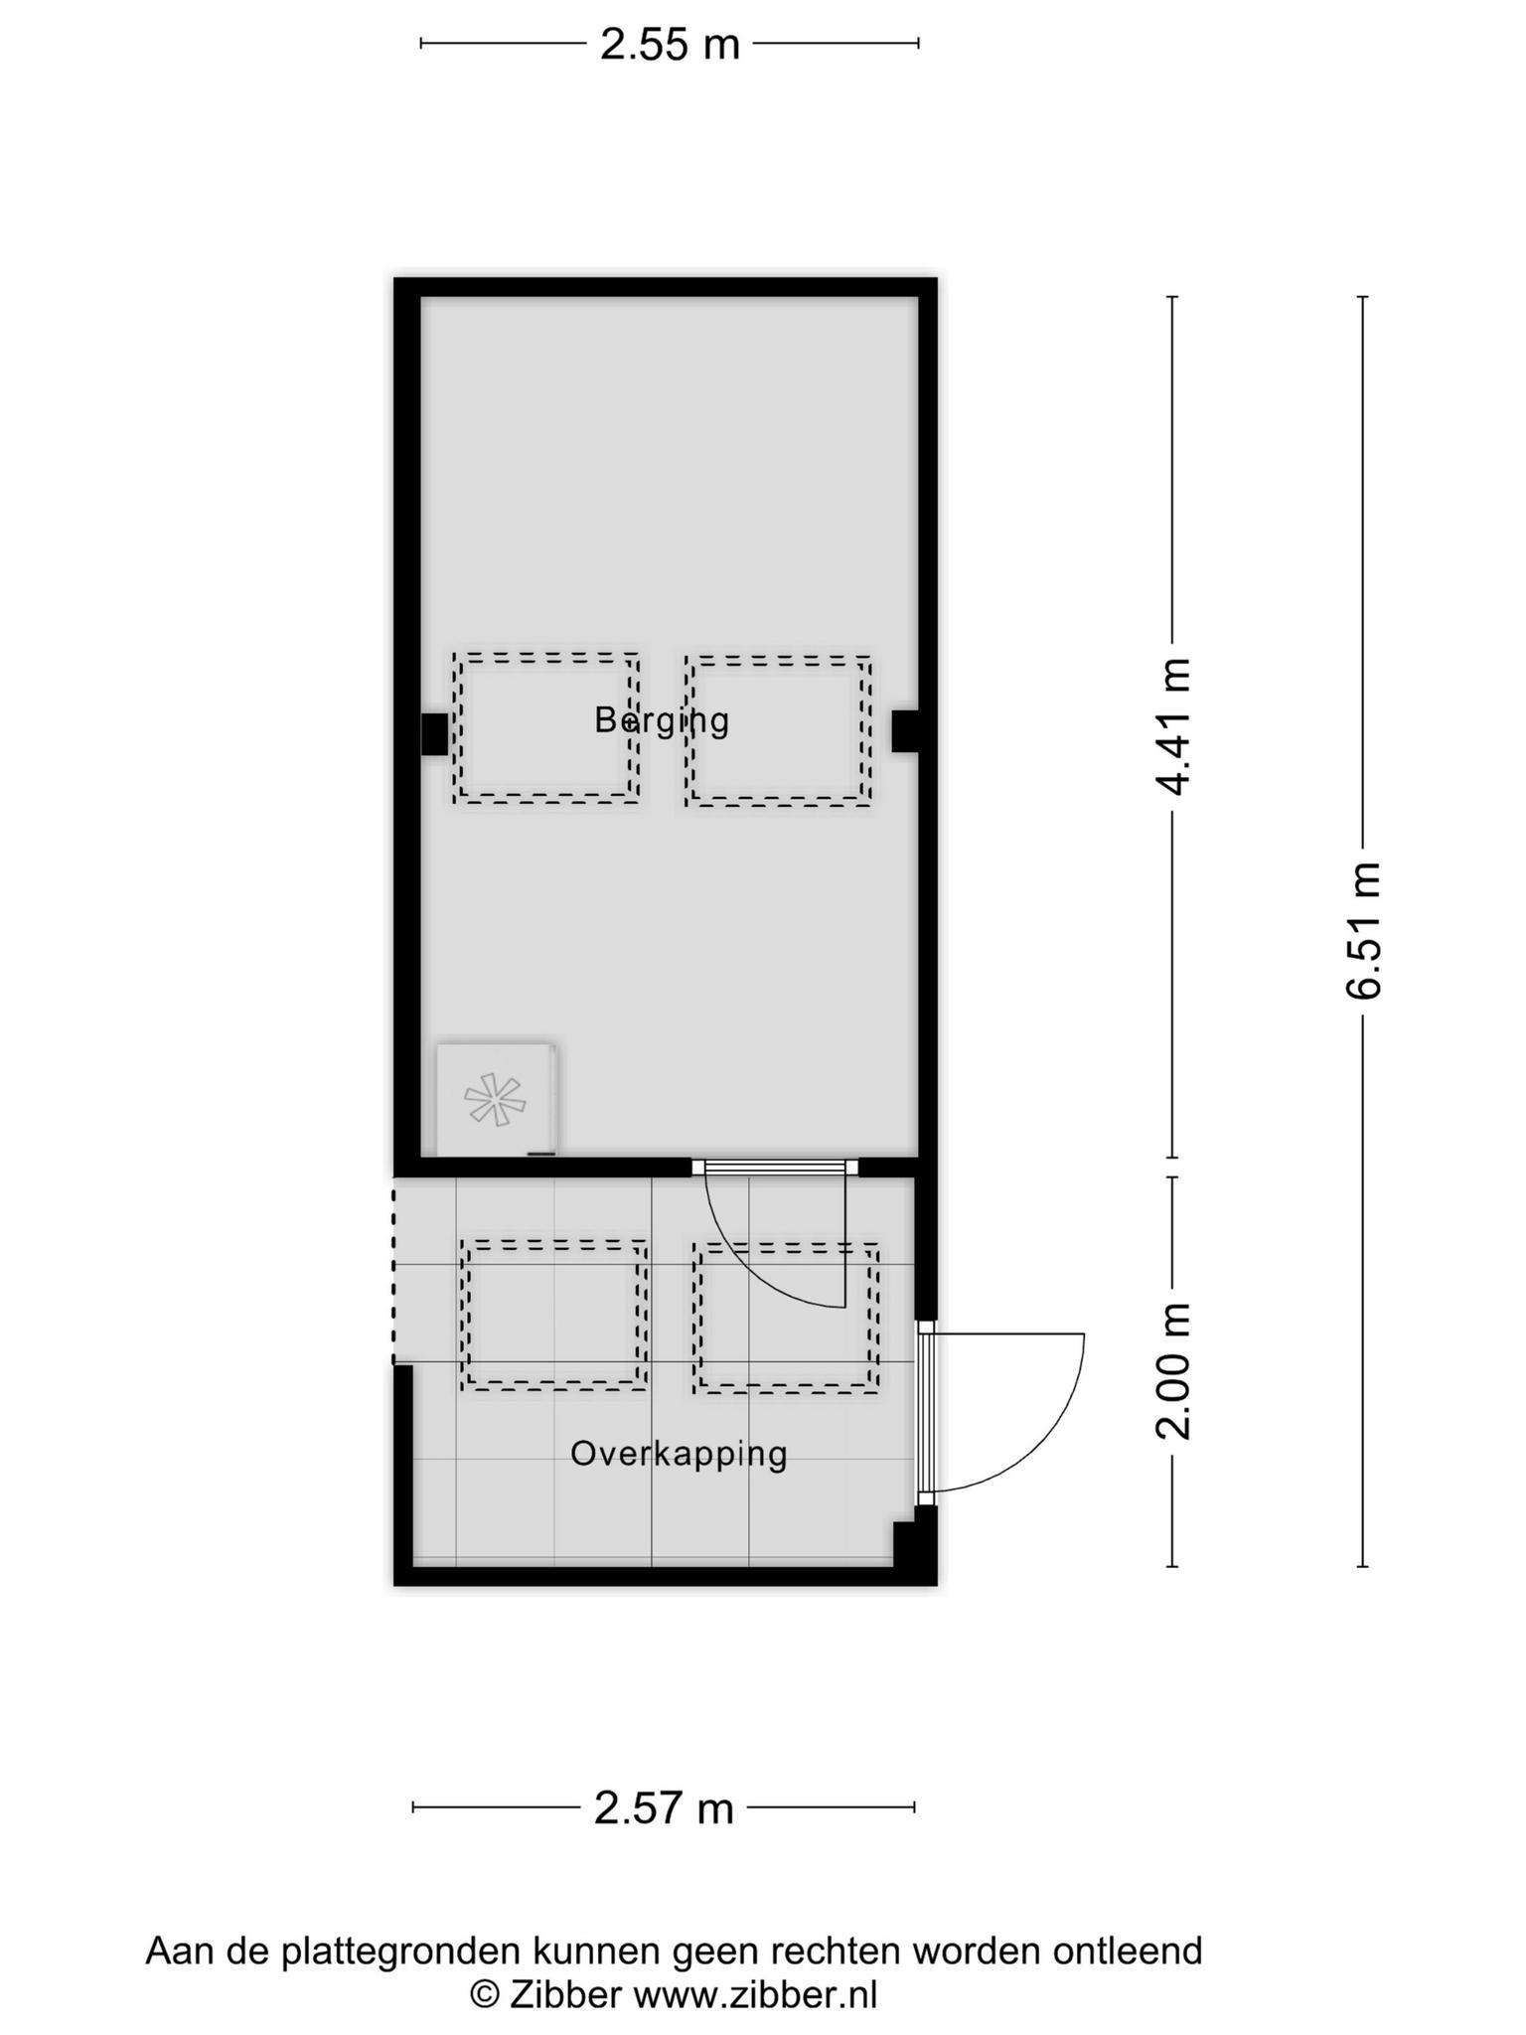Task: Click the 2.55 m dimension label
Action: [x=670, y=44]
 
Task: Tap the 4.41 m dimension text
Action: [x=1173, y=726]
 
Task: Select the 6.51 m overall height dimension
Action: [x=1362, y=930]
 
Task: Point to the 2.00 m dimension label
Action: [x=1173, y=1370]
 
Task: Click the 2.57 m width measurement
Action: [x=664, y=1807]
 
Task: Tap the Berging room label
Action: [x=662, y=719]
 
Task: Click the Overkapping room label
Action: [x=679, y=1455]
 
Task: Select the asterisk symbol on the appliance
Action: [x=495, y=1099]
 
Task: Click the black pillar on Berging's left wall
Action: [x=434, y=734]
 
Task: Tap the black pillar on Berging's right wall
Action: [x=904, y=730]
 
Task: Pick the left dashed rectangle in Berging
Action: [x=545, y=727]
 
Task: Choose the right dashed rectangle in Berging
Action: [x=778, y=730]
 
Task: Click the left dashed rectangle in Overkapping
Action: [x=553, y=1315]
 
